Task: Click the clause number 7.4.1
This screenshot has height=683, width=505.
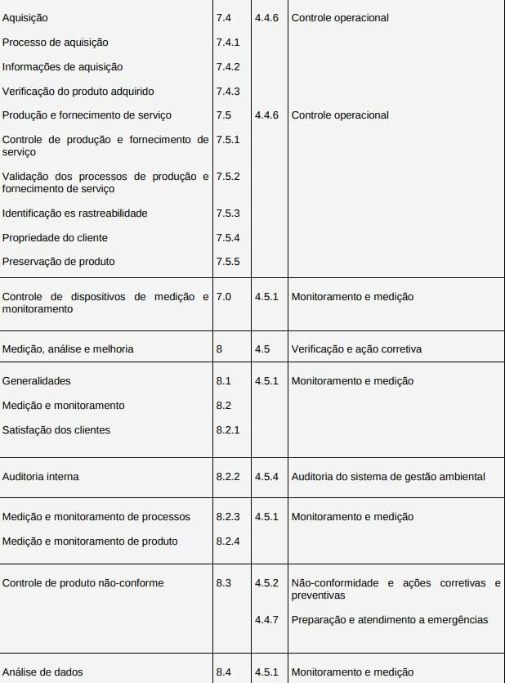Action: [x=228, y=42]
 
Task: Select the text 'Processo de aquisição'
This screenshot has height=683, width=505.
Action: [x=55, y=42]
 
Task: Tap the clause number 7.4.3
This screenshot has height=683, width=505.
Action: [x=228, y=91]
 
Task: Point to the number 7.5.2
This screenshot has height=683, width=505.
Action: [x=228, y=176]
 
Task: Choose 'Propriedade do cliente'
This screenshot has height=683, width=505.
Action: [x=55, y=237]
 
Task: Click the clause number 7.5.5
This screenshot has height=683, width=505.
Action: [x=228, y=262]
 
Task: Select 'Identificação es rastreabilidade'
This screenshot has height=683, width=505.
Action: [x=74, y=213]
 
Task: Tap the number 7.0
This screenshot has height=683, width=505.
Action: [x=224, y=297]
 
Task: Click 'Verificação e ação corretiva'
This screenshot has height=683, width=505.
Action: [x=356, y=348]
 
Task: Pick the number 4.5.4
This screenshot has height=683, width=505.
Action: [x=266, y=476]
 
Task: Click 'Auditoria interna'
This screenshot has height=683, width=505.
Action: [x=41, y=476]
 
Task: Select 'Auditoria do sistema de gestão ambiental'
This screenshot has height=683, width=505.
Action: [x=388, y=476]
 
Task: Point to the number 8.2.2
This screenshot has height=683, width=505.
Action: [x=228, y=476]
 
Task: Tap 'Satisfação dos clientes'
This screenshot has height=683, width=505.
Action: [x=56, y=429]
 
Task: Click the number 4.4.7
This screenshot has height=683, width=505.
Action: [x=266, y=619]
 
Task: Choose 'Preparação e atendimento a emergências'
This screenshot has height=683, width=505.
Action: [x=390, y=619]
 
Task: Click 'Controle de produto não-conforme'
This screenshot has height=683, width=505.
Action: [x=83, y=582]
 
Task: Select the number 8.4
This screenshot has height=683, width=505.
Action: [x=224, y=672]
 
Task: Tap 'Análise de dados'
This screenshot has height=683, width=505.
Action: [x=42, y=672]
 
